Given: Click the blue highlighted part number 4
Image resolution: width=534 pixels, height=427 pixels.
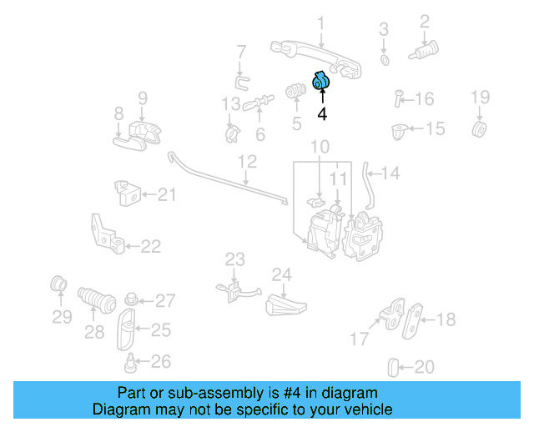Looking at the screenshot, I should [320, 82].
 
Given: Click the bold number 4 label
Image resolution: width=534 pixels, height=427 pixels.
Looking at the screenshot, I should [321, 113].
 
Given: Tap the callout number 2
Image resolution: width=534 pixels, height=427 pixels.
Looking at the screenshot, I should [424, 21].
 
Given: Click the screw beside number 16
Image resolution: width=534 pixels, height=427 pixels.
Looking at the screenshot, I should [397, 98].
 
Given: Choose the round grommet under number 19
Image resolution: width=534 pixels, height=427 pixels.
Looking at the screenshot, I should [480, 129].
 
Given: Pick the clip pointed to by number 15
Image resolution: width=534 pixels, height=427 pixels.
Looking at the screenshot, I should [399, 130].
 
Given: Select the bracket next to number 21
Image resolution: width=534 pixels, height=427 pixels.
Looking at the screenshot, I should [126, 193].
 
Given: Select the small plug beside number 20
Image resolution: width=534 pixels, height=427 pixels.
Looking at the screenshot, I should [394, 365].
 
